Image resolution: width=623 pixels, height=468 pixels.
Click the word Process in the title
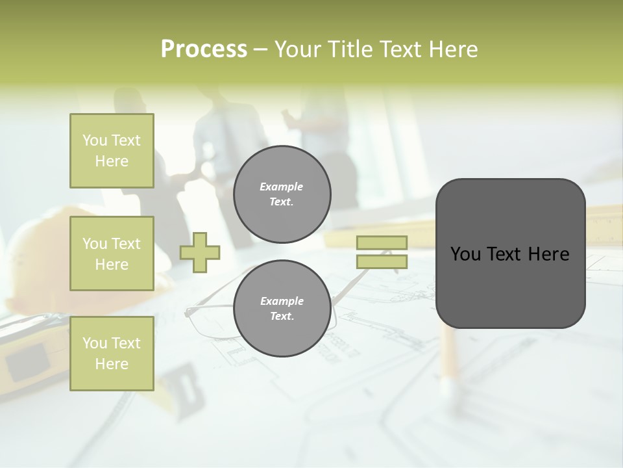204,49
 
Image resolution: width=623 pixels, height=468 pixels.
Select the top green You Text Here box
112,151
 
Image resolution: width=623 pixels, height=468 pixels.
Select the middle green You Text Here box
112,253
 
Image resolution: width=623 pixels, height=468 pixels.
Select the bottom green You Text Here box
112,353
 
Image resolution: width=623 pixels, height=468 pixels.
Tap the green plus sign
200,252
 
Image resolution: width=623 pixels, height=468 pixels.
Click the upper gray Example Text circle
282,194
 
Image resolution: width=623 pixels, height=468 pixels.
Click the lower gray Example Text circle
282,308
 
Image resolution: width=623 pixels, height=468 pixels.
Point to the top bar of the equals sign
382,242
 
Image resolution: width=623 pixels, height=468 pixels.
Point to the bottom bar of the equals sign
382,261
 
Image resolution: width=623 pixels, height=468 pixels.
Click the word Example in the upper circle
282,187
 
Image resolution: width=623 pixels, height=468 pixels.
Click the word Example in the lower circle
282,301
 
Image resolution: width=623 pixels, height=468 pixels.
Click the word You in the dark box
465,254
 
